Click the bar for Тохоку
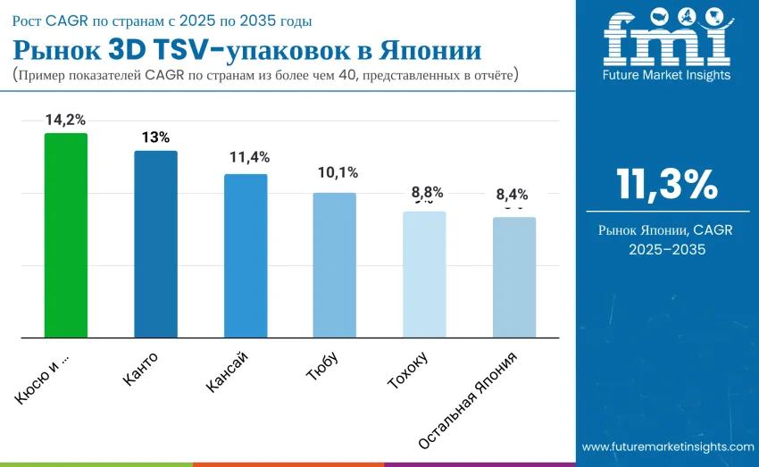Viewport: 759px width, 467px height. [x=424, y=274]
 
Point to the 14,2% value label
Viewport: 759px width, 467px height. [x=66, y=120]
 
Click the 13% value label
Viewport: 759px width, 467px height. [x=155, y=138]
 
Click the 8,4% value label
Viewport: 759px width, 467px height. [x=513, y=194]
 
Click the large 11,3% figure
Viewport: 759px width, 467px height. [x=666, y=185]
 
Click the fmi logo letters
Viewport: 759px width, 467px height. [x=665, y=39]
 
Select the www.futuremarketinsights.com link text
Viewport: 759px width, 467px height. [x=668, y=446]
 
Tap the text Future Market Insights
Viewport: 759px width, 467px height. [x=666, y=75]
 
